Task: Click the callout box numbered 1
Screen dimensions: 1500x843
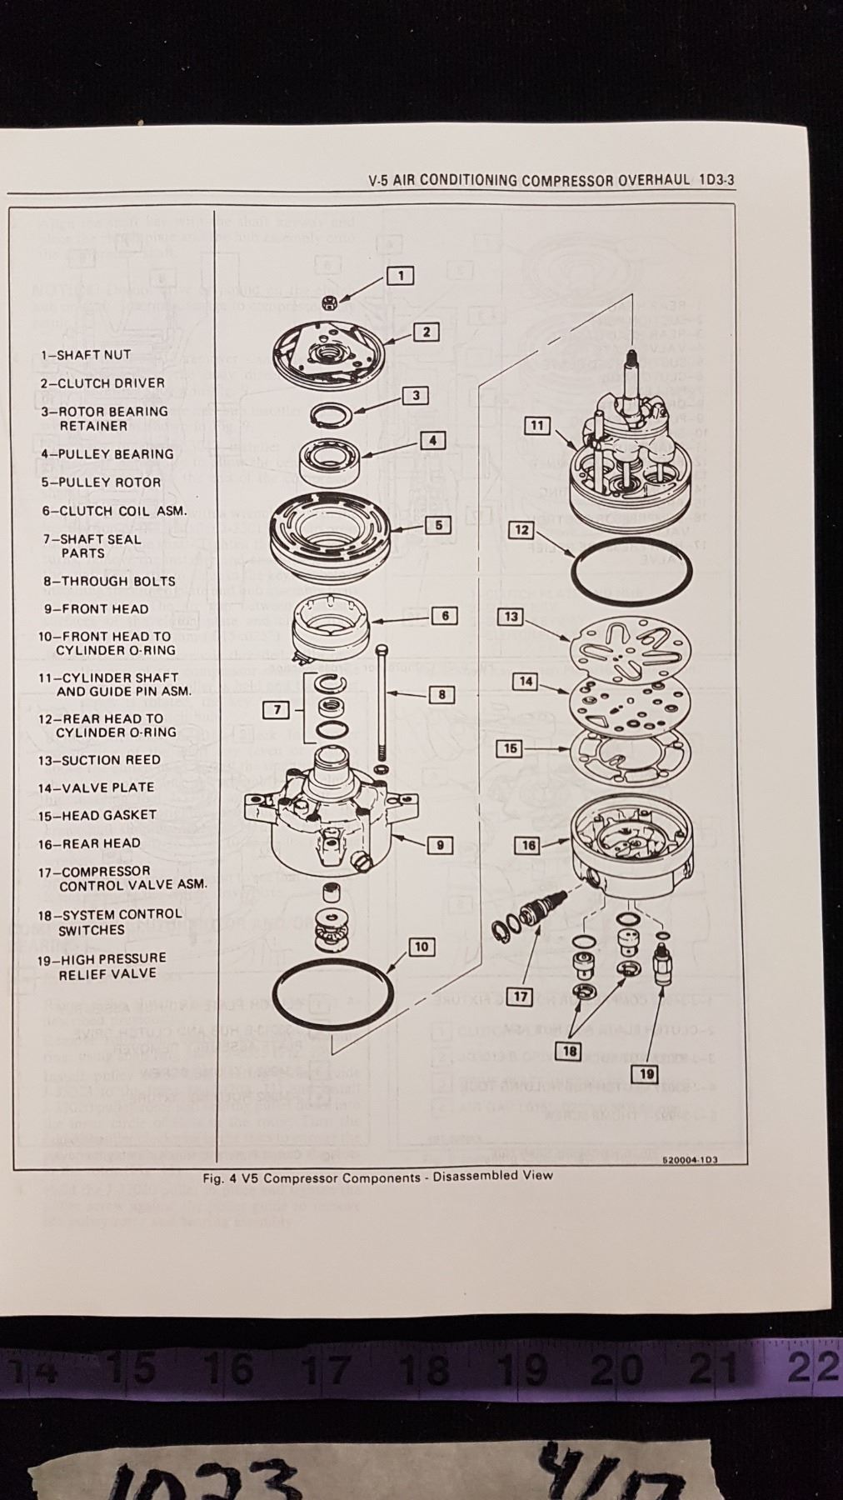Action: [401, 275]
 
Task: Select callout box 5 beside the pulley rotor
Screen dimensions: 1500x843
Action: [438, 525]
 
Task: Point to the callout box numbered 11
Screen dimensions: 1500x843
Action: [537, 426]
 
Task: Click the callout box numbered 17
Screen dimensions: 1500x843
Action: [521, 996]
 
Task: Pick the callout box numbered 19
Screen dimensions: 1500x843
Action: [642, 1072]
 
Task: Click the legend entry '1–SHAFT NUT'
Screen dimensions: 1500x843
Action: [86, 355]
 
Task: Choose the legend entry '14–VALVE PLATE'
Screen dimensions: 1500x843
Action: [96, 787]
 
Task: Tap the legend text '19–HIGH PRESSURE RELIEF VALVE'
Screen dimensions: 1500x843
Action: [101, 966]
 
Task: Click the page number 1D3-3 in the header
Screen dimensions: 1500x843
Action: [717, 179]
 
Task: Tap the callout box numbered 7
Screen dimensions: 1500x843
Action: [276, 710]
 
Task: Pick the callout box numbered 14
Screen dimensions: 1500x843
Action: [526, 682]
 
